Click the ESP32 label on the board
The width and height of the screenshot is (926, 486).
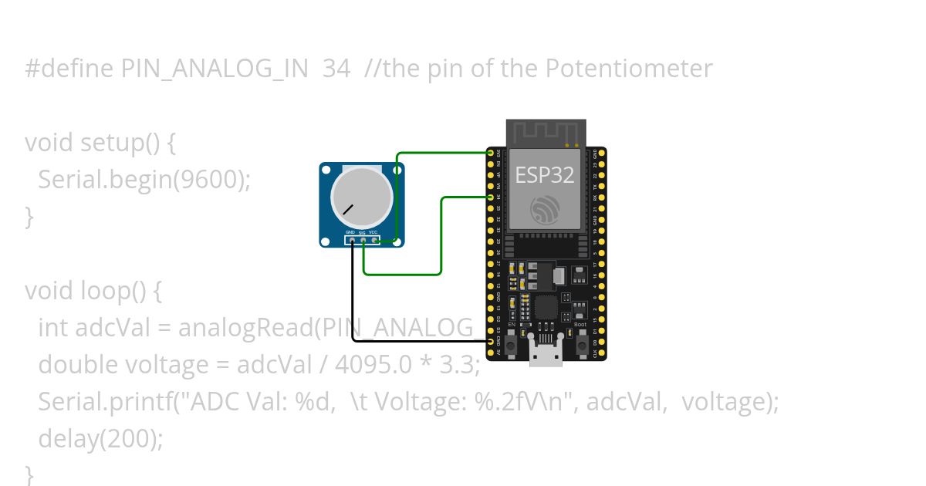coord(545,175)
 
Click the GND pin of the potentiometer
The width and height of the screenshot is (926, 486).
coord(352,240)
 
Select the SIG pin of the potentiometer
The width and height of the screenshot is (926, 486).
coord(363,240)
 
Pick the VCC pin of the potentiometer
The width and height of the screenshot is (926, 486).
coord(374,240)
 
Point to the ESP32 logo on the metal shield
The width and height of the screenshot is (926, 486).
coord(545,211)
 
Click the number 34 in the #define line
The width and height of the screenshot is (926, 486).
coord(336,69)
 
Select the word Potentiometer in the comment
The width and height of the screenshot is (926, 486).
coord(629,69)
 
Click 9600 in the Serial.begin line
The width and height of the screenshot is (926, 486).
coord(207,180)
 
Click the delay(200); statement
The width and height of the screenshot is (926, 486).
coord(101,439)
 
